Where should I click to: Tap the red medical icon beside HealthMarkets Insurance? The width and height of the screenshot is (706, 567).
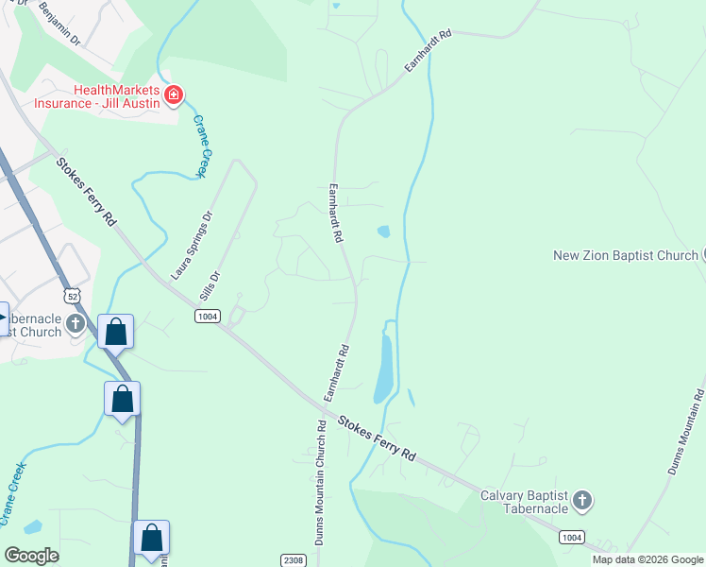(173, 94)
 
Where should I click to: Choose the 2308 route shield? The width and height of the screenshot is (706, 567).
(294, 561)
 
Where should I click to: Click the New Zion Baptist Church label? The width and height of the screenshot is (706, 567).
(625, 255)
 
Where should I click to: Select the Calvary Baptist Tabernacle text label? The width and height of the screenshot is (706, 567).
(524, 502)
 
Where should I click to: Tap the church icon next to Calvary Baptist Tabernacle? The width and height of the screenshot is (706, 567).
(582, 500)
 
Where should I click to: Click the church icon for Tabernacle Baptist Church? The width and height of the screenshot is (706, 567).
(76, 324)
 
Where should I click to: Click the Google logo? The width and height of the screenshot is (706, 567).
(30, 556)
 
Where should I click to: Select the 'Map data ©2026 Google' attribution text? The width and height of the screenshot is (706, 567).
(647, 559)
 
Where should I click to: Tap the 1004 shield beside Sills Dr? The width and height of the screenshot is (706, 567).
(208, 316)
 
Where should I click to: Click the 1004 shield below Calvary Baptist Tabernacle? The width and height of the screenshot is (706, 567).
(571, 537)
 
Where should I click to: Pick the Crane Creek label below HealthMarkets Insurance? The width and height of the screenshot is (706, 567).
(201, 146)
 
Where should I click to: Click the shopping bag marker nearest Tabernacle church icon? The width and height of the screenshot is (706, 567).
(116, 332)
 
